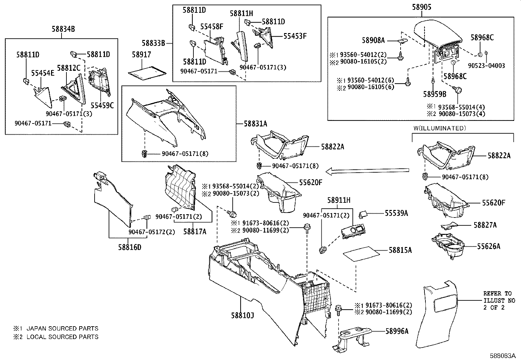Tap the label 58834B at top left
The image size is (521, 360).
click(x=63, y=29)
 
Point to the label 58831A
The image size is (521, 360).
click(x=256, y=124)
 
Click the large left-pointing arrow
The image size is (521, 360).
click(x=367, y=170)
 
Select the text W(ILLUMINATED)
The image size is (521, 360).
click(x=439, y=128)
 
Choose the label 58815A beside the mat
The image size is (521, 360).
click(x=400, y=250)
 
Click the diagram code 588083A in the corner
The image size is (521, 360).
click(x=504, y=355)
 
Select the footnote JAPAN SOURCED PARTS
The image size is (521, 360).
click(x=62, y=328)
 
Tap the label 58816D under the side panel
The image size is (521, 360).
click(x=130, y=247)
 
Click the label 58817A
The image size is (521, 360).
click(x=195, y=232)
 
